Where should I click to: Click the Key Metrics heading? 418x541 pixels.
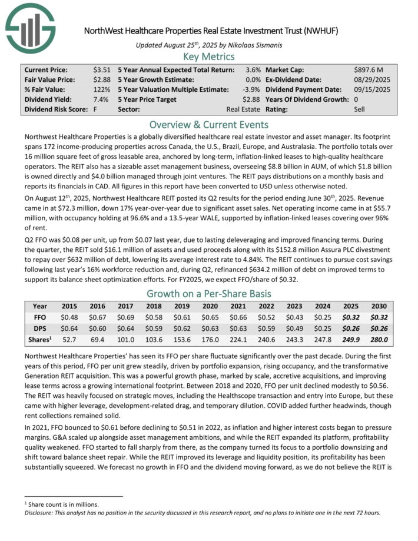point(209,57)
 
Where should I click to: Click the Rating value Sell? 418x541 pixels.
point(359,109)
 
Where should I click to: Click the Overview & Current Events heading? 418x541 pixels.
point(209,125)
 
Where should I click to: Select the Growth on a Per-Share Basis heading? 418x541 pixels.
point(209,294)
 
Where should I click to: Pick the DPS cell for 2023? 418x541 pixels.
point(302,327)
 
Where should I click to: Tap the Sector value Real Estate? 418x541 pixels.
point(243,109)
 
